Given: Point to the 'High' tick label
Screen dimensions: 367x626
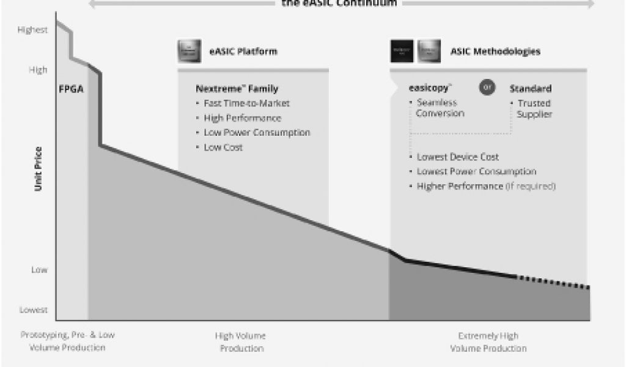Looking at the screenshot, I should [37, 70].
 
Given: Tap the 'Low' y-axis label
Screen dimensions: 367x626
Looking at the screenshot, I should [39, 270].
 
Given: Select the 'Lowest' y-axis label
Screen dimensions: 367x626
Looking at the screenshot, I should [33, 310].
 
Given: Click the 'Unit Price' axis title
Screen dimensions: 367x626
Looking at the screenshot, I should [38, 169].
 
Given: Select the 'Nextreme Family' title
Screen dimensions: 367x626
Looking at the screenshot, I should [237, 89].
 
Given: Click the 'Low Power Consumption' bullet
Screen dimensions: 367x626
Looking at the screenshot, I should [257, 133].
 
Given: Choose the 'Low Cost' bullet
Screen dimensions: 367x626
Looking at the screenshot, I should [223, 147].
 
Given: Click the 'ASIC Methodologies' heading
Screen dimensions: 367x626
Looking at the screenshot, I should [495, 51].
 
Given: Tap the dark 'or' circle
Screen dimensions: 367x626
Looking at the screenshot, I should [487, 87].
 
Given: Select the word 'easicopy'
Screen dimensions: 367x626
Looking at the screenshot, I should [432, 88].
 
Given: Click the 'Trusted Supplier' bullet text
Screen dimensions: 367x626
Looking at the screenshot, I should [534, 109].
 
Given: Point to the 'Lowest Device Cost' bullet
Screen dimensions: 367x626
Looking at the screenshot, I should [458, 157].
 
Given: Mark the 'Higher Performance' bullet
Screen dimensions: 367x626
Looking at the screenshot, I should [460, 186].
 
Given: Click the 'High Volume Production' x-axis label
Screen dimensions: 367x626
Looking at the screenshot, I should [240, 342].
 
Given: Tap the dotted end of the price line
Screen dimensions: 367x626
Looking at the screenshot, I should [553, 282].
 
